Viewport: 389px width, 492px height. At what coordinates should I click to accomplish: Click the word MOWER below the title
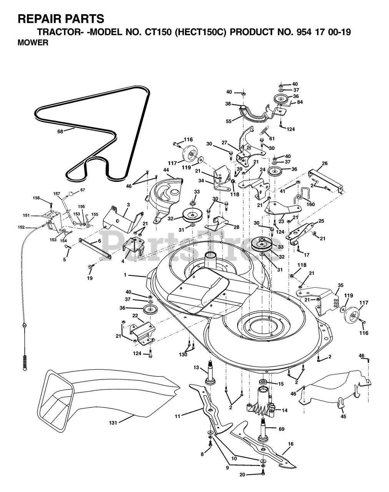click(33, 43)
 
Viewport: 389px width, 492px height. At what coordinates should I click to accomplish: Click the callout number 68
click(60, 131)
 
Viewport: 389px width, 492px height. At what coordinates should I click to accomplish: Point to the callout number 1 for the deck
click(125, 275)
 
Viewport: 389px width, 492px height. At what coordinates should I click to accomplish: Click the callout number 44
click(166, 170)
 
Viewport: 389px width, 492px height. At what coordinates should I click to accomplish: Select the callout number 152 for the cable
click(21, 227)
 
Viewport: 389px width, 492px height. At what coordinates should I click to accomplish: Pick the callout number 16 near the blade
click(291, 444)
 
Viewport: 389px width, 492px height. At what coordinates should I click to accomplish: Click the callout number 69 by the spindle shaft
click(281, 429)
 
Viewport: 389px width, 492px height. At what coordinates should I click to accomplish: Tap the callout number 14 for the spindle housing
click(284, 411)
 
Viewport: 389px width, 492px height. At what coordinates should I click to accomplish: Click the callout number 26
click(325, 163)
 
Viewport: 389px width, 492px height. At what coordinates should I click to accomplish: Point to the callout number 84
click(300, 102)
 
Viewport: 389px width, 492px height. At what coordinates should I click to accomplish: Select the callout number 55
click(229, 121)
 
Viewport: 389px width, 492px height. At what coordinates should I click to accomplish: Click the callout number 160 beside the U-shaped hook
click(310, 204)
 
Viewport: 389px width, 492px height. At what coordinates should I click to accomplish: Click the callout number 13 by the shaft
click(196, 368)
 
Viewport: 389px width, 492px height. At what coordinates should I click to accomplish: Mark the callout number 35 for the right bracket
click(341, 285)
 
